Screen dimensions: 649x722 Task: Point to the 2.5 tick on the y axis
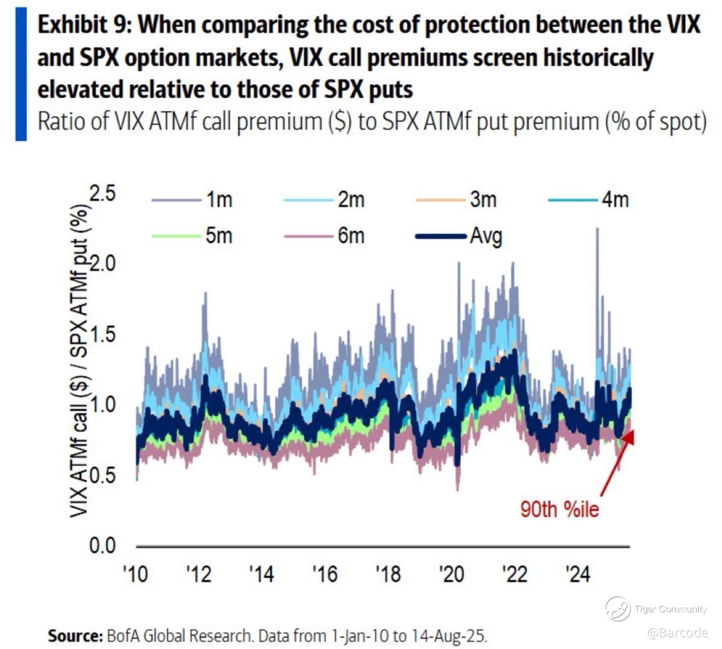point(103,194)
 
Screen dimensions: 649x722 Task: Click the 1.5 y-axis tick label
point(103,335)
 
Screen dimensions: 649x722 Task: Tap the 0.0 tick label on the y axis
point(103,545)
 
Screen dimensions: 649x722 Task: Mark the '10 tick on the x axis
point(135,574)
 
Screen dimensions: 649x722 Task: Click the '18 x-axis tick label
point(388,574)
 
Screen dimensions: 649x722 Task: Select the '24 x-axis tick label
point(578,574)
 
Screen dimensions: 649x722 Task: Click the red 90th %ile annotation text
point(560,509)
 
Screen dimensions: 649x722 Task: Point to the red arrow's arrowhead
point(630,435)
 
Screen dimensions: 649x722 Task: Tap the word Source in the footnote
point(74,636)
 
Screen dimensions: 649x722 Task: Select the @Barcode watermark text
point(677,632)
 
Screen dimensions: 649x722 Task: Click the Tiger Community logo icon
point(618,609)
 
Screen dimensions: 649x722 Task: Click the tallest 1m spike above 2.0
point(597,229)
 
